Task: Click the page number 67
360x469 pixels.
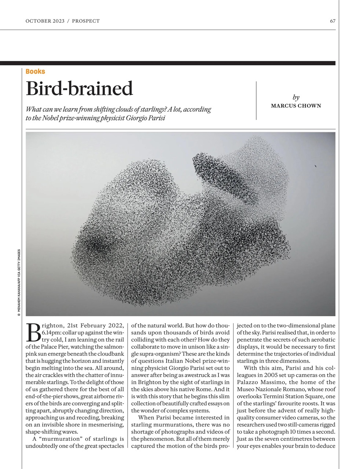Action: (332, 21)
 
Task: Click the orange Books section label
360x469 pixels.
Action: (35, 71)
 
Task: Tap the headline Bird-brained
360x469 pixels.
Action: (79, 88)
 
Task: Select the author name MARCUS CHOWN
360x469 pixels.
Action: (296, 106)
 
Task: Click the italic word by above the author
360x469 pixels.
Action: (296, 97)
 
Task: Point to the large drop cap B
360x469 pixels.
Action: (33, 332)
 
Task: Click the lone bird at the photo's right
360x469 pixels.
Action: (315, 166)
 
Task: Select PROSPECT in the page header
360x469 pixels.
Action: (86, 21)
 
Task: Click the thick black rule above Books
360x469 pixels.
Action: (168, 63)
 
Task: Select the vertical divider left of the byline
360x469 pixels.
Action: (256, 101)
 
